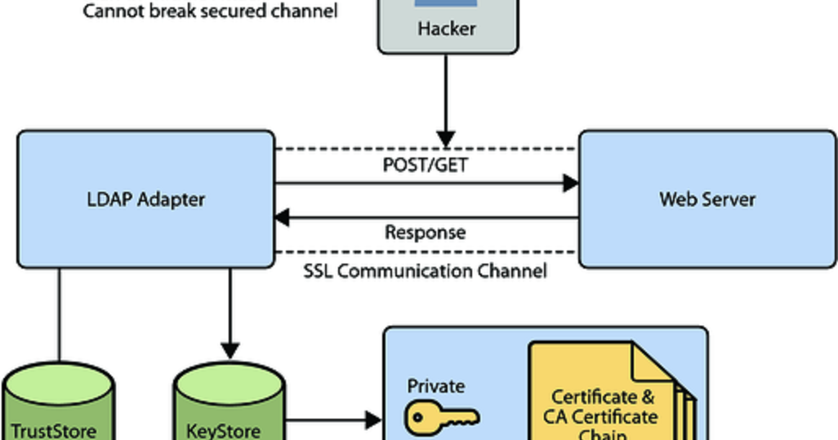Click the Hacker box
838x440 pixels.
(447, 26)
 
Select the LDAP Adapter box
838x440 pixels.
(146, 198)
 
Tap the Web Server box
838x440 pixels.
(707, 198)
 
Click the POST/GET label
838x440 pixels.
(426, 165)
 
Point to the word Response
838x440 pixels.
(426, 232)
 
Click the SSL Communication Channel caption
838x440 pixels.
(426, 271)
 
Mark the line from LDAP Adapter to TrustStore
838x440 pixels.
(59, 314)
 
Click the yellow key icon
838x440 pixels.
(442, 418)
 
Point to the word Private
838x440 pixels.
(436, 385)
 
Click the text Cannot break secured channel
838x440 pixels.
(210, 12)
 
